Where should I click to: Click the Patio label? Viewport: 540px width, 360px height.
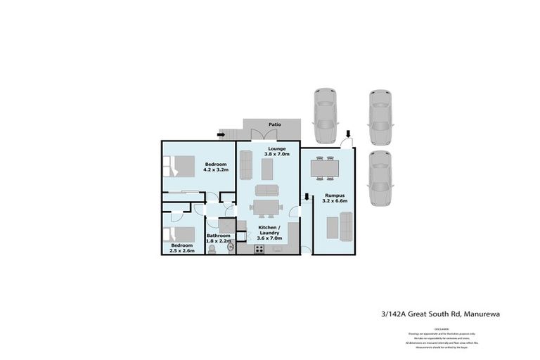274,124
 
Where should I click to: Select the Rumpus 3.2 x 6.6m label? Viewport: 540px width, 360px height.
335,199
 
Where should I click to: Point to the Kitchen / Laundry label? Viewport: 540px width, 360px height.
270,233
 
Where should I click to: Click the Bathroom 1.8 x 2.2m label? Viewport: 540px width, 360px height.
218,238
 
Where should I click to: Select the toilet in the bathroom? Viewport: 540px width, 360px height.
212,249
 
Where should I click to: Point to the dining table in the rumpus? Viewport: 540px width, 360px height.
325,168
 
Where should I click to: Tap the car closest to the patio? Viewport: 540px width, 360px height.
325,115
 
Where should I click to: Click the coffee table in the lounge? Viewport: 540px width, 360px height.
266,169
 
